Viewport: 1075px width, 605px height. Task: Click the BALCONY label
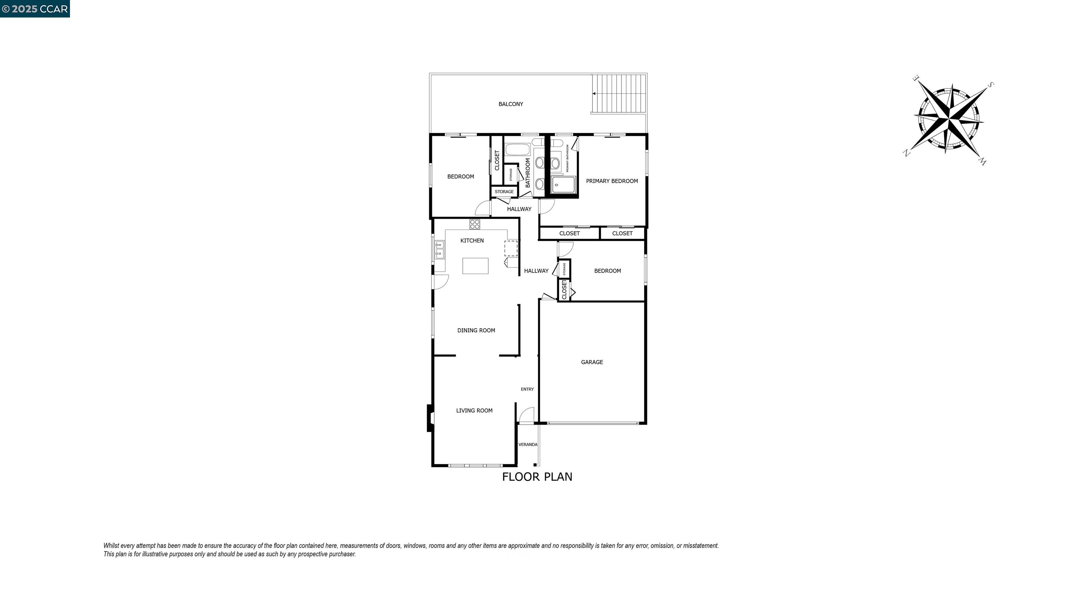(510, 104)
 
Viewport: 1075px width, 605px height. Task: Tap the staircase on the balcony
(619, 93)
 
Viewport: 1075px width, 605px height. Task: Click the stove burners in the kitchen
(475, 224)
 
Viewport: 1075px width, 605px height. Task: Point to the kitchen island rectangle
(475, 266)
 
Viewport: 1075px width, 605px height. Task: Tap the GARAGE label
(591, 362)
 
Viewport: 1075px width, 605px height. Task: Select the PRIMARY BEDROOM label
(611, 181)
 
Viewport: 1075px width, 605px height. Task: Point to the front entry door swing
(526, 416)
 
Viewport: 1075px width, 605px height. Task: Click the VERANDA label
(527, 444)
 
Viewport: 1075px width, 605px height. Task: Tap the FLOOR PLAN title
(537, 477)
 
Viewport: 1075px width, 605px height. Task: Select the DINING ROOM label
(476, 330)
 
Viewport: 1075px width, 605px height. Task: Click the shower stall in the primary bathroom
(563, 185)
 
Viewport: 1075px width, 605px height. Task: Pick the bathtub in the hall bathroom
(518, 149)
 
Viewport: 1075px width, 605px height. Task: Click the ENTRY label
(527, 389)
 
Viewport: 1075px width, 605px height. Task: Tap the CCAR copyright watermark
(35, 9)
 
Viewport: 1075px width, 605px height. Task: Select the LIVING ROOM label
(474, 410)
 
